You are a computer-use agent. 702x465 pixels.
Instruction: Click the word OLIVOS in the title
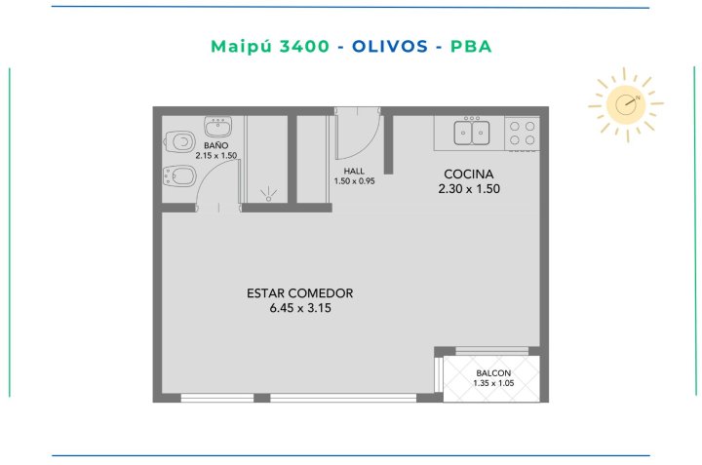pyautogui.click(x=390, y=46)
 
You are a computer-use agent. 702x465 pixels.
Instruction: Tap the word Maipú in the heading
pyautogui.click(x=241, y=47)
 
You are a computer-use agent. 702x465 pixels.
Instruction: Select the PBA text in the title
pyautogui.click(x=471, y=46)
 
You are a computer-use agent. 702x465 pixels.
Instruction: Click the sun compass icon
pyautogui.click(x=626, y=104)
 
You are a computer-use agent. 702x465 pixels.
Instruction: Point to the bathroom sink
pyautogui.click(x=218, y=126)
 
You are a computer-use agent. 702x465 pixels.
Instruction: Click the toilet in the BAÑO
pyautogui.click(x=179, y=142)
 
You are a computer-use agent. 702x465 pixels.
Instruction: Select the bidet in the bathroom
pyautogui.click(x=179, y=176)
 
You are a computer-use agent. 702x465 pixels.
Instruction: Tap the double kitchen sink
pyautogui.click(x=472, y=132)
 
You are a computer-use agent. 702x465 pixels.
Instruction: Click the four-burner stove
pyautogui.click(x=522, y=134)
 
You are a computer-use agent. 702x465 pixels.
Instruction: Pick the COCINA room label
pyautogui.click(x=469, y=174)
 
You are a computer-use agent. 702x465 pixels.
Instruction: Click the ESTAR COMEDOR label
pyautogui.click(x=300, y=293)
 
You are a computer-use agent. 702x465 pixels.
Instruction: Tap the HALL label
pyautogui.click(x=354, y=171)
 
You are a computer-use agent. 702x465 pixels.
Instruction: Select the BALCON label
pyautogui.click(x=493, y=372)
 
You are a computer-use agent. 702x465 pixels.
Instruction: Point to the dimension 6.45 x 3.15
pyautogui.click(x=300, y=308)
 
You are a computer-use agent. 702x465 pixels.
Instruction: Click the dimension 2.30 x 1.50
pyautogui.click(x=469, y=189)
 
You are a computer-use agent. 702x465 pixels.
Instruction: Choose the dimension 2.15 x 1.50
pyautogui.click(x=216, y=156)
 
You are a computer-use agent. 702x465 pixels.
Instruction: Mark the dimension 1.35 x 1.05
pyautogui.click(x=493, y=383)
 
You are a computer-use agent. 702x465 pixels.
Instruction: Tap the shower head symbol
pyautogui.click(x=268, y=195)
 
